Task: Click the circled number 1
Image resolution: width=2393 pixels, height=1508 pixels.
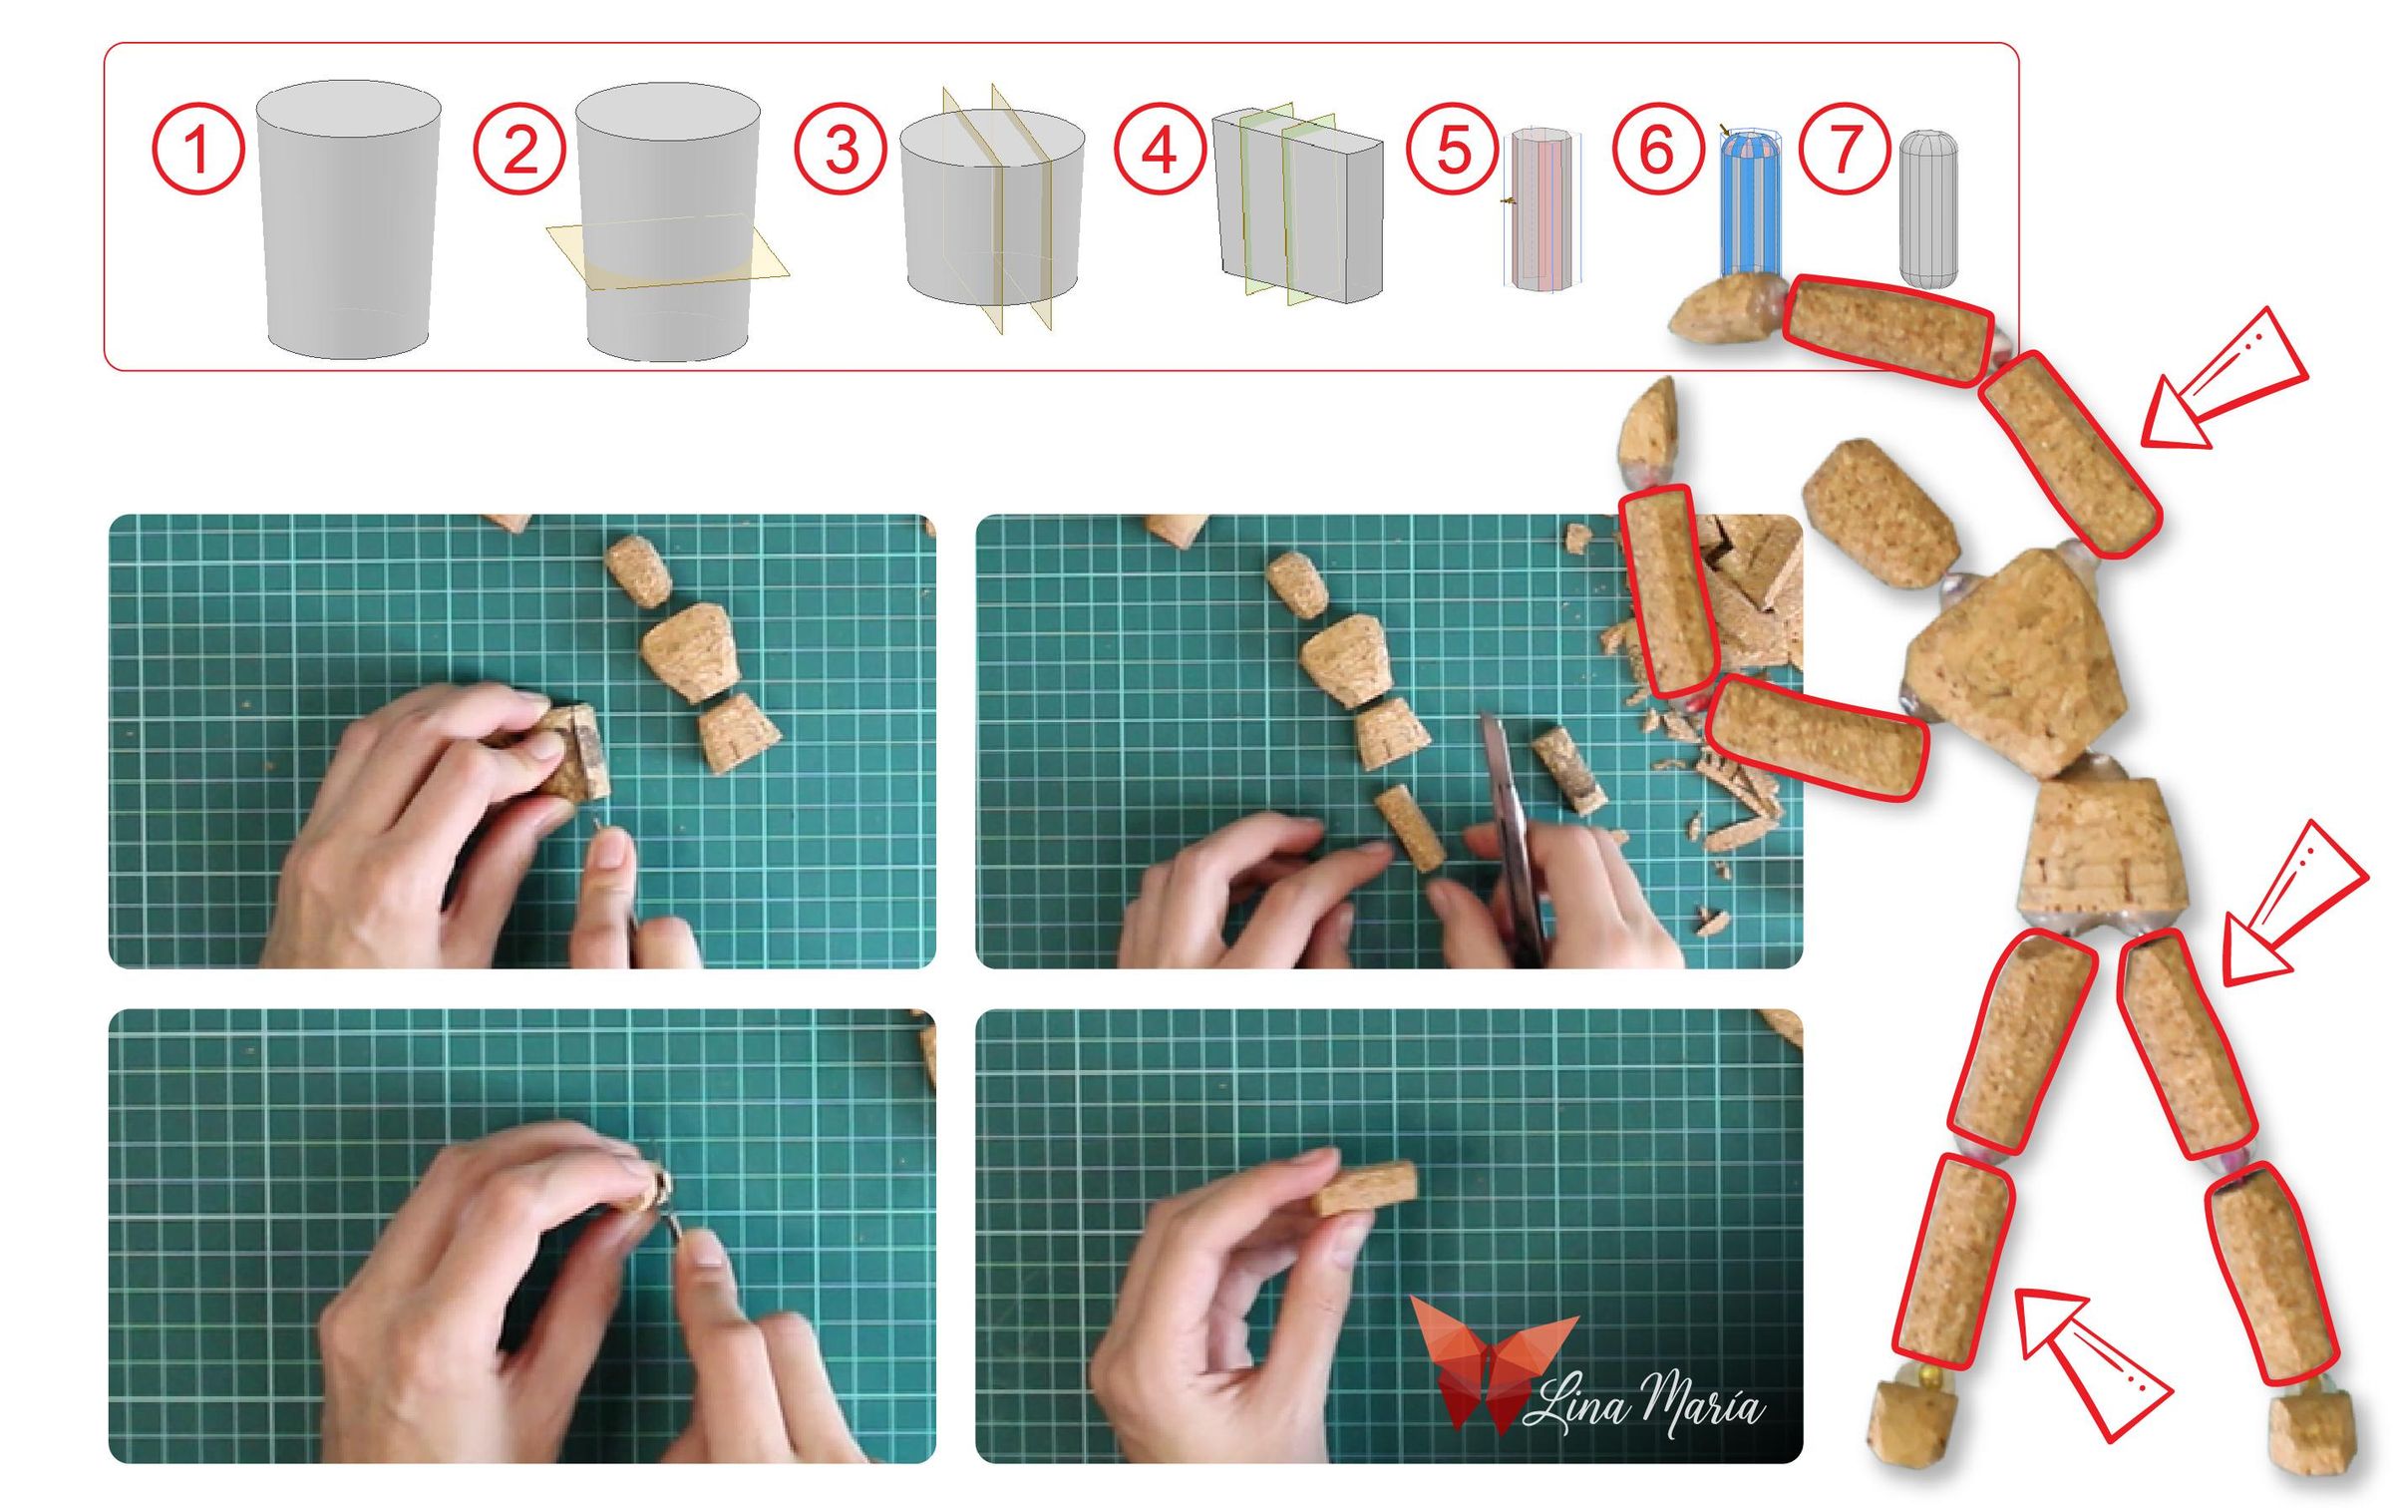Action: click(x=197, y=149)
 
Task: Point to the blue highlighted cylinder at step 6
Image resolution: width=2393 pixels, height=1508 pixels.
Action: click(x=1750, y=204)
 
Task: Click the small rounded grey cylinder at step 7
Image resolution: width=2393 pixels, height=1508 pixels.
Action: click(x=1927, y=209)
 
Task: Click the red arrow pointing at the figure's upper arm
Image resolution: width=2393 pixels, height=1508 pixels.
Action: click(x=2228, y=384)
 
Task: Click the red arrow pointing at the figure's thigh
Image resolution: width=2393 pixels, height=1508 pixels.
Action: click(x=2293, y=903)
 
